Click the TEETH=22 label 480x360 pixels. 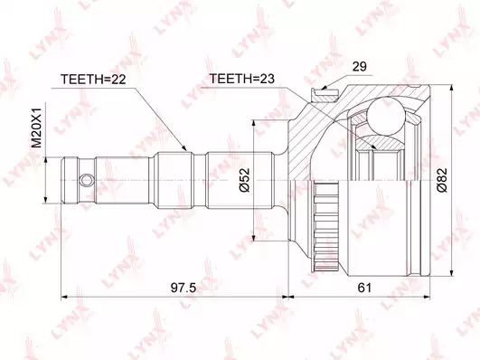[x=93, y=80]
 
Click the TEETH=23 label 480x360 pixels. [x=242, y=79]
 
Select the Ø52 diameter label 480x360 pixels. [x=245, y=180]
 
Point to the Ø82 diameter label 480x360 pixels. [x=442, y=180]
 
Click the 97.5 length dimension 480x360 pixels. [x=184, y=288]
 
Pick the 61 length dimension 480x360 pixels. [x=364, y=288]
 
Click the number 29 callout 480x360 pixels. [x=360, y=66]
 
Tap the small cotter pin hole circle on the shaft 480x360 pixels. [x=86, y=180]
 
